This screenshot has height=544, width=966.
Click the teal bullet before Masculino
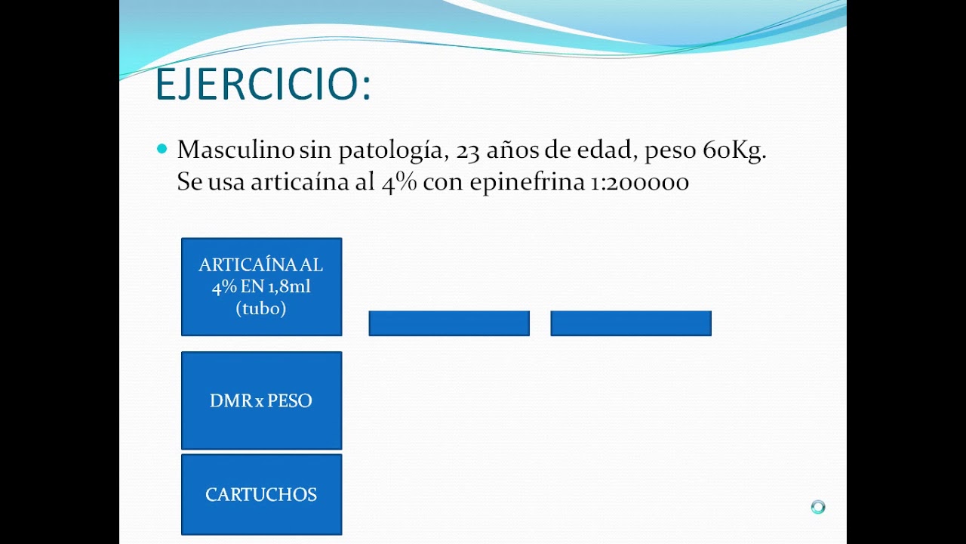click(x=162, y=149)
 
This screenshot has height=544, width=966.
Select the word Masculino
click(x=235, y=150)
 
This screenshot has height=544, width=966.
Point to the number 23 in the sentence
click(x=469, y=150)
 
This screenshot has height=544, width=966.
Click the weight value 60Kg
click(x=734, y=150)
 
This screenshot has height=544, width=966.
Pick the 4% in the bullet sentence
click(x=398, y=183)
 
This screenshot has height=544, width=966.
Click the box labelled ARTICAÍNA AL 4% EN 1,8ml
click(x=261, y=286)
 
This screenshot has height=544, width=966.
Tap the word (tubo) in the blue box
click(x=261, y=308)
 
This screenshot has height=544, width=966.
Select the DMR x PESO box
click(x=261, y=400)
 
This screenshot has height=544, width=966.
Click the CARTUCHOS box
click(x=261, y=495)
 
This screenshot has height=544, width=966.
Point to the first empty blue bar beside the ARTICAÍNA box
click(x=449, y=323)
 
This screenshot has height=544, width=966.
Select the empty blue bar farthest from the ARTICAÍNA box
click(x=631, y=323)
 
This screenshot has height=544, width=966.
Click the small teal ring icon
click(x=818, y=507)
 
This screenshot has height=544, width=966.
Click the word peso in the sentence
click(x=670, y=151)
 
